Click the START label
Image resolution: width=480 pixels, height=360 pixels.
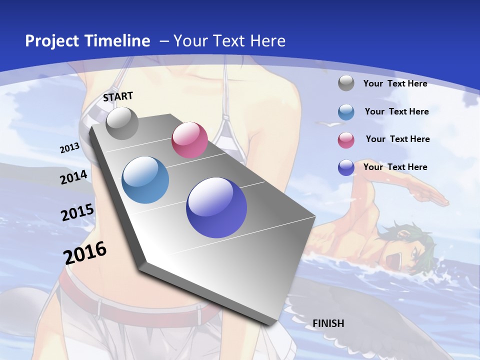click(118, 96)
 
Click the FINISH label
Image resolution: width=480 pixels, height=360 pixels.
click(328, 323)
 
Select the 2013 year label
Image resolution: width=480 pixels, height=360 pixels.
click(70, 148)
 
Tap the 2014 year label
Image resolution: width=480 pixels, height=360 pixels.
click(73, 177)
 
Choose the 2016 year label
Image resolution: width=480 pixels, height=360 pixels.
click(85, 252)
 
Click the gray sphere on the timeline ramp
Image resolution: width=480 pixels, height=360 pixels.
click(122, 123)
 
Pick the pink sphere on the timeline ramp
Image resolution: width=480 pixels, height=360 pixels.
click(189, 140)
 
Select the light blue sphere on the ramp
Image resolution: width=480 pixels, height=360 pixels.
click(145, 180)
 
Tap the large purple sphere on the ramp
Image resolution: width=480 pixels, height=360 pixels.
click(216, 207)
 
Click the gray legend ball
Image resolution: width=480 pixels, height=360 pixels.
click(346, 83)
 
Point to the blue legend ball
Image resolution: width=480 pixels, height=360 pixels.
click(346, 112)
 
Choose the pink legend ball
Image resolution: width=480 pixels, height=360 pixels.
click(346, 140)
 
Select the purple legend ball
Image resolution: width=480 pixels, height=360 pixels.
click(346, 167)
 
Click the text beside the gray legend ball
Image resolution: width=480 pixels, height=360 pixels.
click(395, 83)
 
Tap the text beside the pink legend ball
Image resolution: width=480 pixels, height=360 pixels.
click(397, 139)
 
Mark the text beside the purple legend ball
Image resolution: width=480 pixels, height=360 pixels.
click(395, 167)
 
